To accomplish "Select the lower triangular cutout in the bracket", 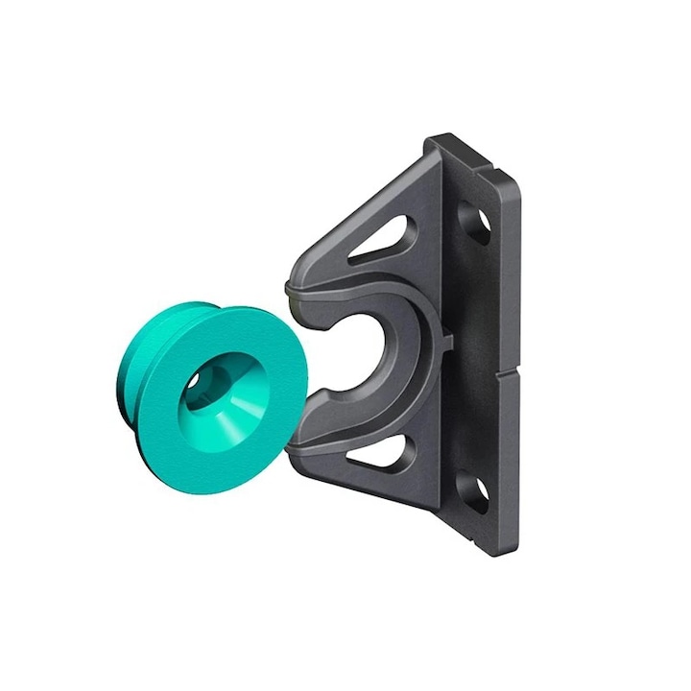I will point(382,454).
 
